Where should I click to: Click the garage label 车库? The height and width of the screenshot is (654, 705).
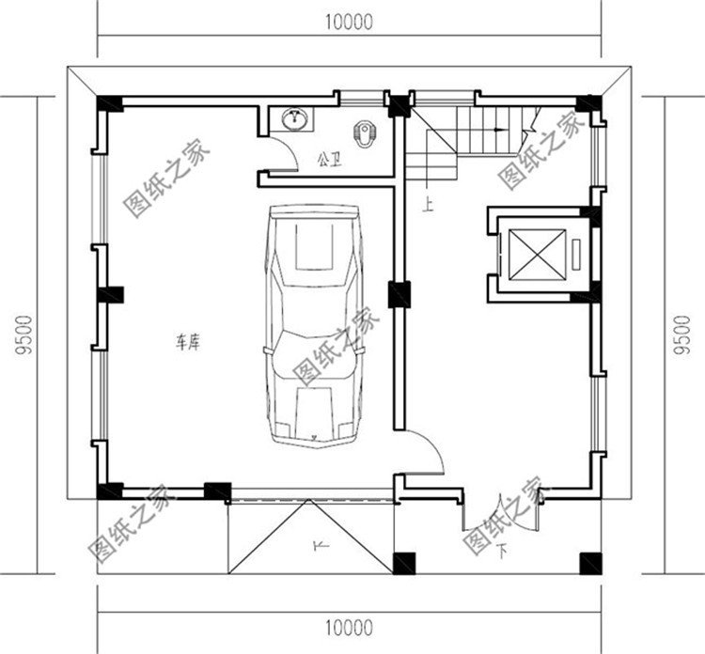tap(187, 343)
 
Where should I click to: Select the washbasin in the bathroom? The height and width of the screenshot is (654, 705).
tap(295, 119)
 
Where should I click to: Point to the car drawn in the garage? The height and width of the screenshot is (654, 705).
tap(314, 327)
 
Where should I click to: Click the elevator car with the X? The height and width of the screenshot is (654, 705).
tap(537, 254)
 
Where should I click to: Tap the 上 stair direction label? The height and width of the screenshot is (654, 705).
tap(428, 206)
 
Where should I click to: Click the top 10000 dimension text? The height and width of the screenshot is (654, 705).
tap(349, 22)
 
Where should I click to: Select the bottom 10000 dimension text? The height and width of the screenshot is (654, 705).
tap(349, 628)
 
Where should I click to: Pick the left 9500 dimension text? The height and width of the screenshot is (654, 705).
tap(24, 335)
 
